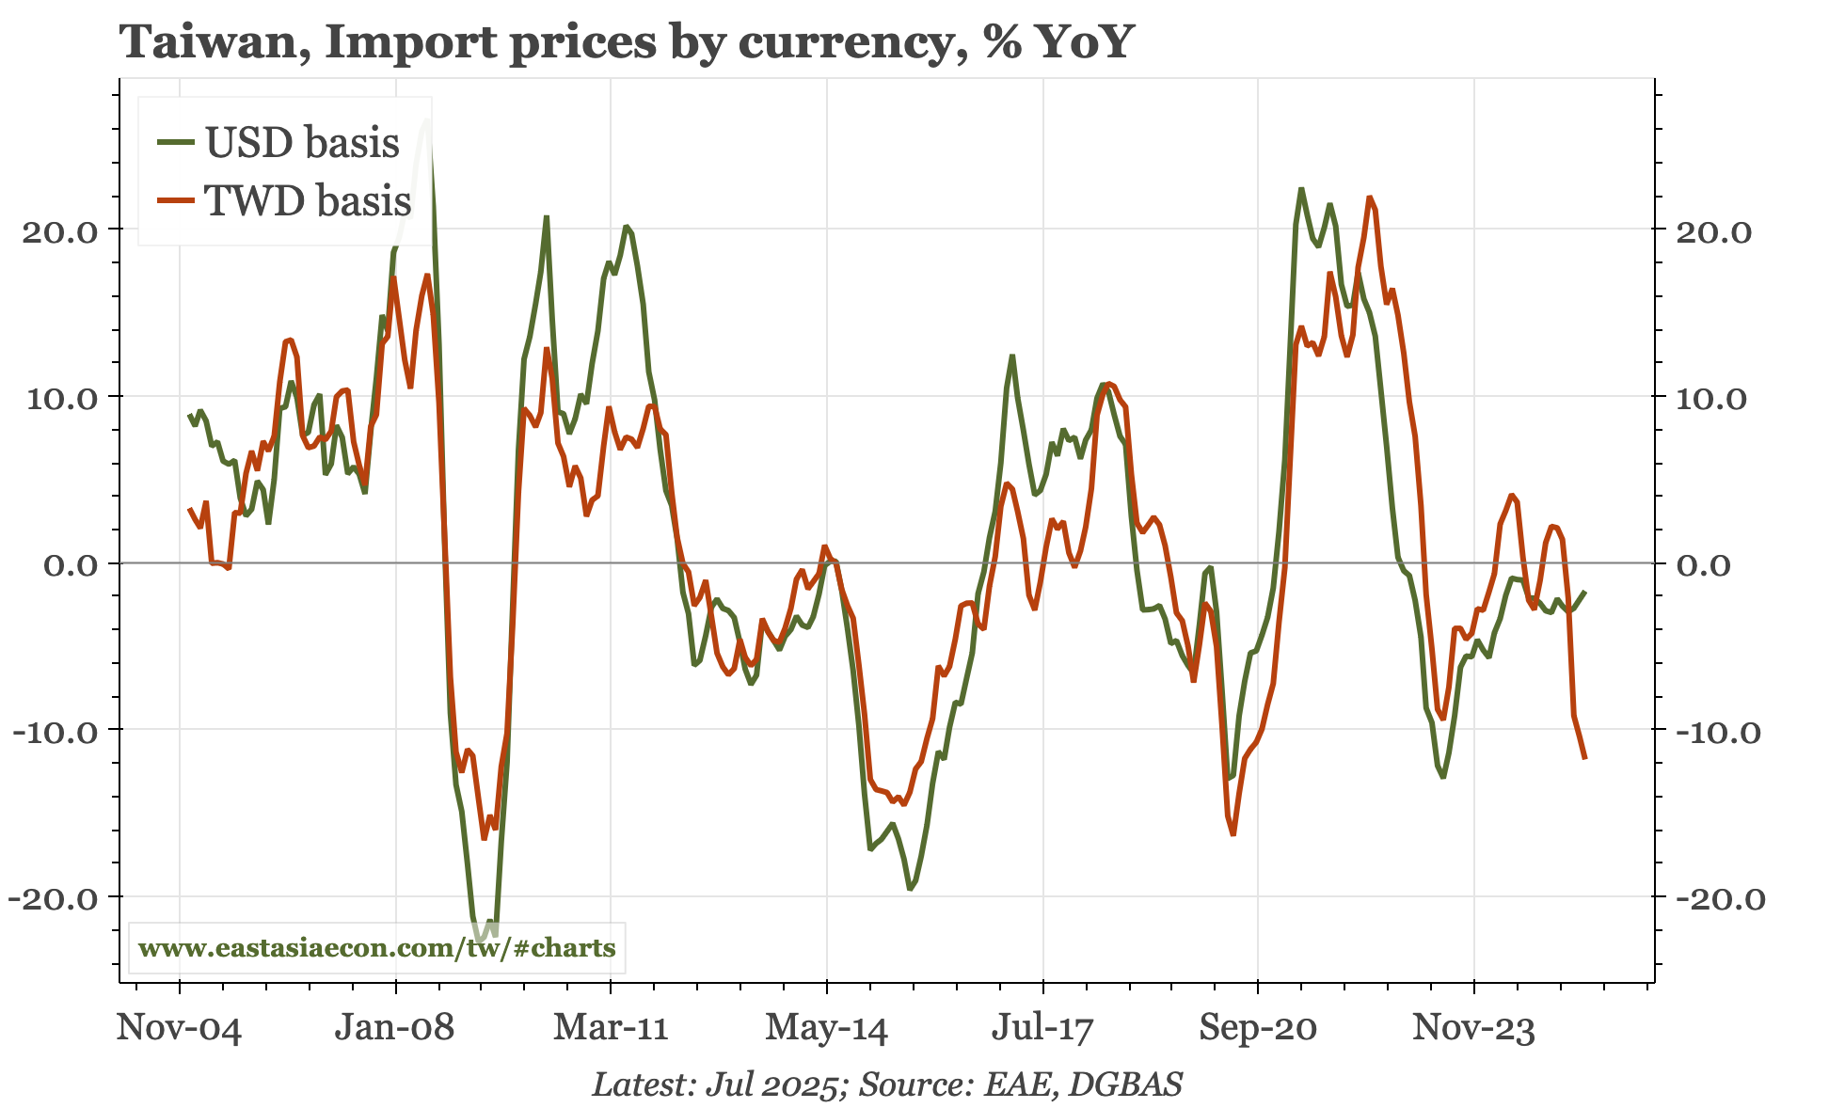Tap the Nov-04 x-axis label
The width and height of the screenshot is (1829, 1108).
(179, 1028)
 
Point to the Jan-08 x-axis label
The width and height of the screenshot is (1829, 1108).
(394, 1028)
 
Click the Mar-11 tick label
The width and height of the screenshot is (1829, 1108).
(611, 1028)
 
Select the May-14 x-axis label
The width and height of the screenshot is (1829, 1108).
(826, 1028)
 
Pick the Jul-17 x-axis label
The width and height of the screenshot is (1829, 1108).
(1042, 1028)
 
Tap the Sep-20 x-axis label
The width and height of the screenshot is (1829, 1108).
(1258, 1028)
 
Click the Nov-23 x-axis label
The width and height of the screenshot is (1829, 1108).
(1473, 1028)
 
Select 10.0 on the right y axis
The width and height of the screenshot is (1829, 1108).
(1710, 398)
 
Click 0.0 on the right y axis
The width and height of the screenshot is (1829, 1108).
(1704, 564)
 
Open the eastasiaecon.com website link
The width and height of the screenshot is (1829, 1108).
(377, 947)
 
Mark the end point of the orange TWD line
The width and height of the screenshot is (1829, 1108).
(1585, 758)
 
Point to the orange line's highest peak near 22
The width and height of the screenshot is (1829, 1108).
(1370, 198)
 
